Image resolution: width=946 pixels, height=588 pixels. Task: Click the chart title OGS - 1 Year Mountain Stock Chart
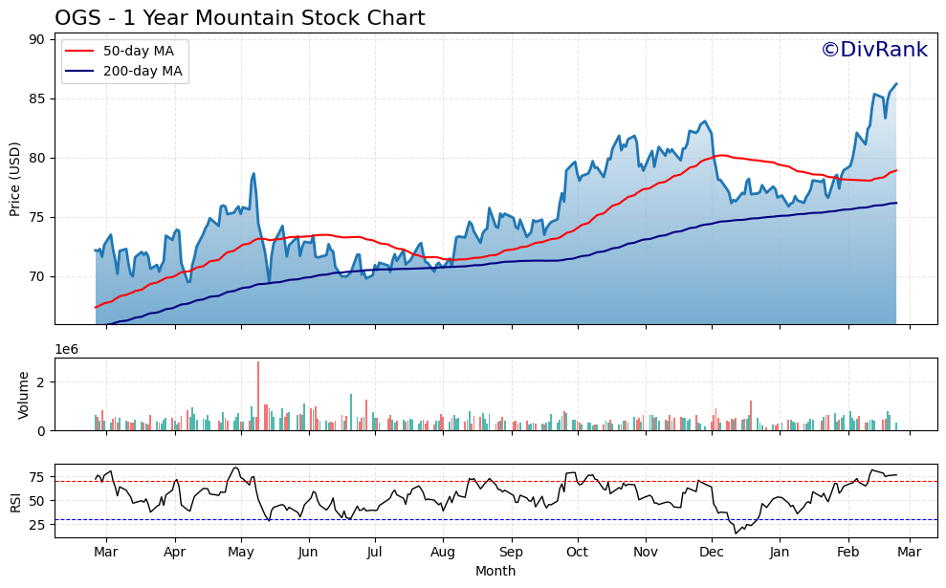tap(239, 18)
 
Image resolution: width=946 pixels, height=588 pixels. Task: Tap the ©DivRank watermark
tap(873, 50)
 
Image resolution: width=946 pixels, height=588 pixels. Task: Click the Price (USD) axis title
tap(15, 179)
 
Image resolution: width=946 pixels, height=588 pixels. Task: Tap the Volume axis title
tap(23, 395)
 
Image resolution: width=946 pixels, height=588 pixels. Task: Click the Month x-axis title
tap(495, 572)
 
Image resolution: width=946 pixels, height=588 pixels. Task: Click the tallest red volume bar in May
tap(258, 395)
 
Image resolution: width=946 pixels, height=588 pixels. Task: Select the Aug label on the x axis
tap(443, 553)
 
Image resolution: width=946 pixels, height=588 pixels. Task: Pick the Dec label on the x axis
tap(711, 553)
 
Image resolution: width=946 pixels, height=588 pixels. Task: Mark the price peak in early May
tap(253, 174)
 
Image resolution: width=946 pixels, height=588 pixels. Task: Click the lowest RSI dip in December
tap(737, 533)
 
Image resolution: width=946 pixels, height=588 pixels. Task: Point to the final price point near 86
tap(896, 83)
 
